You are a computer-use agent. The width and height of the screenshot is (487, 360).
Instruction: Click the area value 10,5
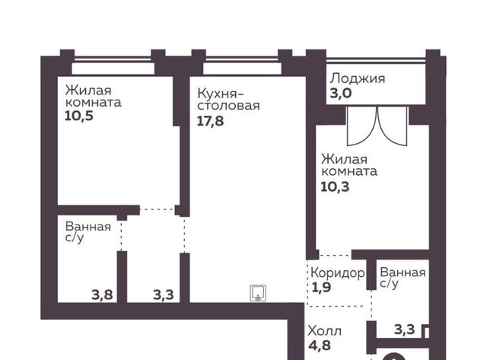click(79, 116)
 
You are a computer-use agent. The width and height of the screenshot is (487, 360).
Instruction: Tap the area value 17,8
click(210, 121)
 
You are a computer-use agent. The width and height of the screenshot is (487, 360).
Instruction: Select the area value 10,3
click(335, 186)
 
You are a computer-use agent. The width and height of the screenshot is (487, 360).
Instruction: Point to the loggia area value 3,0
click(341, 93)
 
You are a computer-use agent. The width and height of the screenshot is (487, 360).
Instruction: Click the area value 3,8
click(102, 295)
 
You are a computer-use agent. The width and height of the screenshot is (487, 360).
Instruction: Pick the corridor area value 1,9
click(321, 288)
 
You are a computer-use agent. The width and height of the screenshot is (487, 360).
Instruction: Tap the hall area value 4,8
click(320, 345)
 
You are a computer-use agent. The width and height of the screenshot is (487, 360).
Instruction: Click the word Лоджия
click(358, 78)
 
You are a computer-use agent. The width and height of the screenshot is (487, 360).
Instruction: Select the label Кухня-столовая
click(228, 100)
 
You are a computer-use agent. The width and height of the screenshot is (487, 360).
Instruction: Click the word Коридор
click(338, 273)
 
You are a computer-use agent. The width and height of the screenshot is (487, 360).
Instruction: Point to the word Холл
click(325, 331)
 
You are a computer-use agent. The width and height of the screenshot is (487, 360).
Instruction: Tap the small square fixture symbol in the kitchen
click(258, 293)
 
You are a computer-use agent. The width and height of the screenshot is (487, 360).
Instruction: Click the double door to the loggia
click(377, 126)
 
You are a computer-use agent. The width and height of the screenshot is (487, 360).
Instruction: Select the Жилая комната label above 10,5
click(93, 97)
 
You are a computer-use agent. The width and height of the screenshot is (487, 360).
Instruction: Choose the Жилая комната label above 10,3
click(349, 165)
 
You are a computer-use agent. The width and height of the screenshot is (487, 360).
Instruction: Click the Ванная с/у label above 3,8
click(88, 232)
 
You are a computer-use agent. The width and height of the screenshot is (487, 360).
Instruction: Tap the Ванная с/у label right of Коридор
click(403, 278)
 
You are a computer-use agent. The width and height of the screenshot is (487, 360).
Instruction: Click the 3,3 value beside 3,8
click(164, 295)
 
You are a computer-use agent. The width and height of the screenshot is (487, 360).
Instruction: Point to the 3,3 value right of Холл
click(404, 330)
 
